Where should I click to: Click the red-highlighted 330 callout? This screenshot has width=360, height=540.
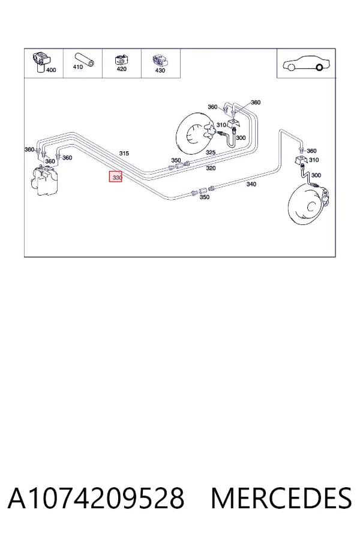pyautogui.click(x=116, y=176)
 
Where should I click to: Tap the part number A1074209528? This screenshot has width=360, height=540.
pyautogui.click(x=96, y=498)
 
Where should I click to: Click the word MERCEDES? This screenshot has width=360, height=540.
pyautogui.click(x=281, y=498)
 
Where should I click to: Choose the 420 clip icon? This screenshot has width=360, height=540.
pyautogui.click(x=122, y=59)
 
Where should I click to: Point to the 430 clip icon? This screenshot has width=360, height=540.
pyautogui.click(x=160, y=60)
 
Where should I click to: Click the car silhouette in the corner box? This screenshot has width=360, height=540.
pyautogui.click(x=306, y=64)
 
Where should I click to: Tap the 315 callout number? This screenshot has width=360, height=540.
pyautogui.click(x=124, y=153)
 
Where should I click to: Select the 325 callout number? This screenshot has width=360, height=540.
pyautogui.click(x=211, y=152)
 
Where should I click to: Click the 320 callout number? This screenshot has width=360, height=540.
pyautogui.click(x=211, y=168)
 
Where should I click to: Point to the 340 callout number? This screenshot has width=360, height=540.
pyautogui.click(x=251, y=184)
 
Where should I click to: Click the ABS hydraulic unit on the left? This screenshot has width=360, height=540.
pyautogui.click(x=44, y=181)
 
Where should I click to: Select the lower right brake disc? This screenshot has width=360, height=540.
pyautogui.click(x=308, y=205)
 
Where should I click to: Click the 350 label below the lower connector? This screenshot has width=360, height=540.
pyautogui.click(x=205, y=197)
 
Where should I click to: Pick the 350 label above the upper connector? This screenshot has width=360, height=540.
pyautogui.click(x=176, y=160)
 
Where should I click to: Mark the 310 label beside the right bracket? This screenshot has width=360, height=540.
pyautogui.click(x=314, y=160)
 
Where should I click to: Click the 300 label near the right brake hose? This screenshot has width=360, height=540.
pyautogui.click(x=316, y=175)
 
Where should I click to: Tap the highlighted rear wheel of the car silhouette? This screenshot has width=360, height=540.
pyautogui.click(x=319, y=67)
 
